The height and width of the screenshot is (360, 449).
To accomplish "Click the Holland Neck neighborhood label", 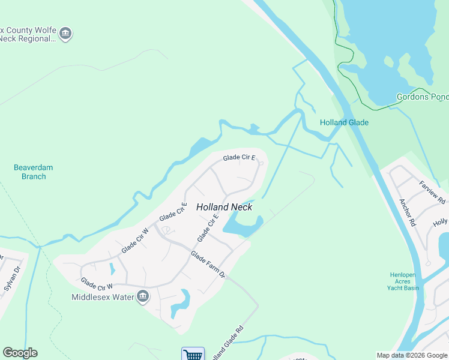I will pos(224,207).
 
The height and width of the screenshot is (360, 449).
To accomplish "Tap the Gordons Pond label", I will pos(423,97).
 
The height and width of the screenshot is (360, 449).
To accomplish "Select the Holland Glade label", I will pos(344,122).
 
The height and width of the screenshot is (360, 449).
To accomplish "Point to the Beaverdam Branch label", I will pos(29,172).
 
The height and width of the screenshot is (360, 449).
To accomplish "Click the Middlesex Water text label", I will pos(103,297).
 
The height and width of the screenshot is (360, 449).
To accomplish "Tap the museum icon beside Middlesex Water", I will pos(143,296).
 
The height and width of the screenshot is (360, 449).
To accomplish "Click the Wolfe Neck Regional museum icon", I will pos(66,34).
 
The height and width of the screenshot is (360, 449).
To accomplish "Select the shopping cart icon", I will pos(193,355).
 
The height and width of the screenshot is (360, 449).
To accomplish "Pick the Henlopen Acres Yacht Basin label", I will pos(403,281).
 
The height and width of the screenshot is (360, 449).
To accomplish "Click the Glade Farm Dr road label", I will pos(208,265).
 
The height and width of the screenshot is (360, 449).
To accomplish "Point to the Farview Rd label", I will pos(432,192).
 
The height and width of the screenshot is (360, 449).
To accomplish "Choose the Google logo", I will pos(20,353).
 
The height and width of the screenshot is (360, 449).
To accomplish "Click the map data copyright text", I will pos(412,355).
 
